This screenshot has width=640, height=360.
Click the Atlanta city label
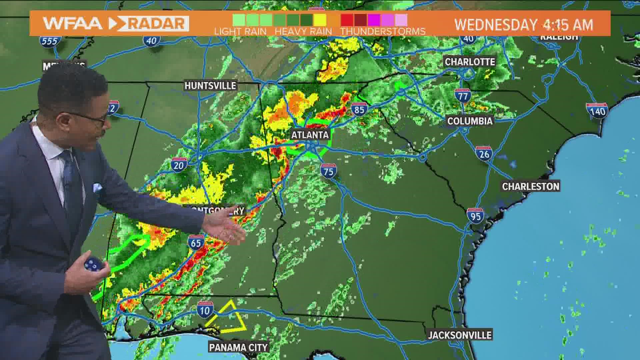coord(310,135)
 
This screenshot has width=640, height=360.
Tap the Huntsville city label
coord(210,86)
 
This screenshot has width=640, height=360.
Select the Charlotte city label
coord(470,62)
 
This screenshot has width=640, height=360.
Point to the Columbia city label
coord(470,121)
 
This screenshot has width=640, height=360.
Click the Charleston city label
coord(531,186)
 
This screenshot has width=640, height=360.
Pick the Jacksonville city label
coord(460,335)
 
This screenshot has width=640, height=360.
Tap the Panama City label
coord(238,347)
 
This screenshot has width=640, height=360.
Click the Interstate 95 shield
coord(475,216)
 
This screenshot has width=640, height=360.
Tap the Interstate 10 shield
coord(205,310)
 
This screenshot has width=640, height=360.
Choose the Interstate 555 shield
coord(50,41)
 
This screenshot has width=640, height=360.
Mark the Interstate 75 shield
coord(329,171)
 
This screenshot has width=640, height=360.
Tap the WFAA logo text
coord(72,23)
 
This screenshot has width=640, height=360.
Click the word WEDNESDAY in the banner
coord(496,25)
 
